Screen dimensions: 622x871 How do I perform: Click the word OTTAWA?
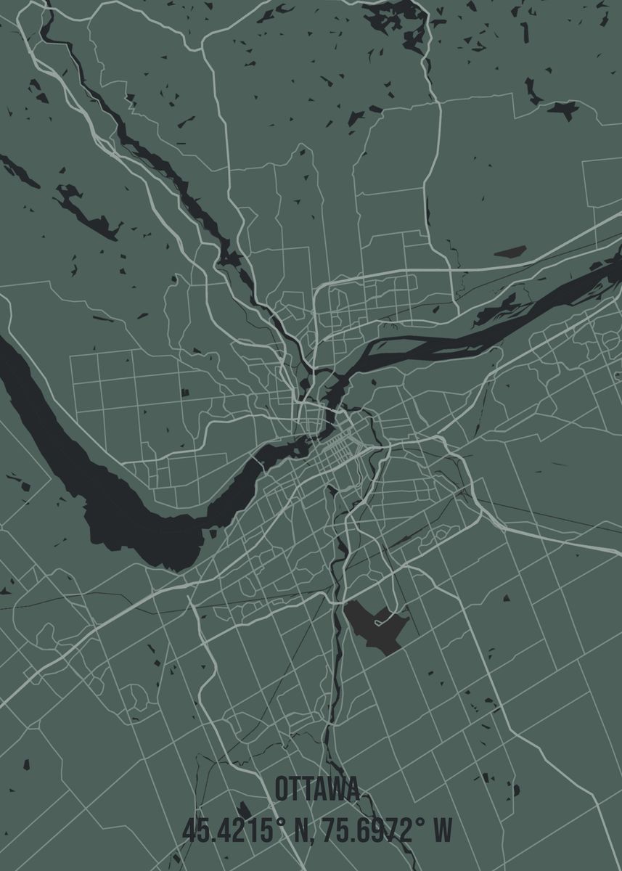point(317,789)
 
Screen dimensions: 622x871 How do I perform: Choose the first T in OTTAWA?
point(298,789)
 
